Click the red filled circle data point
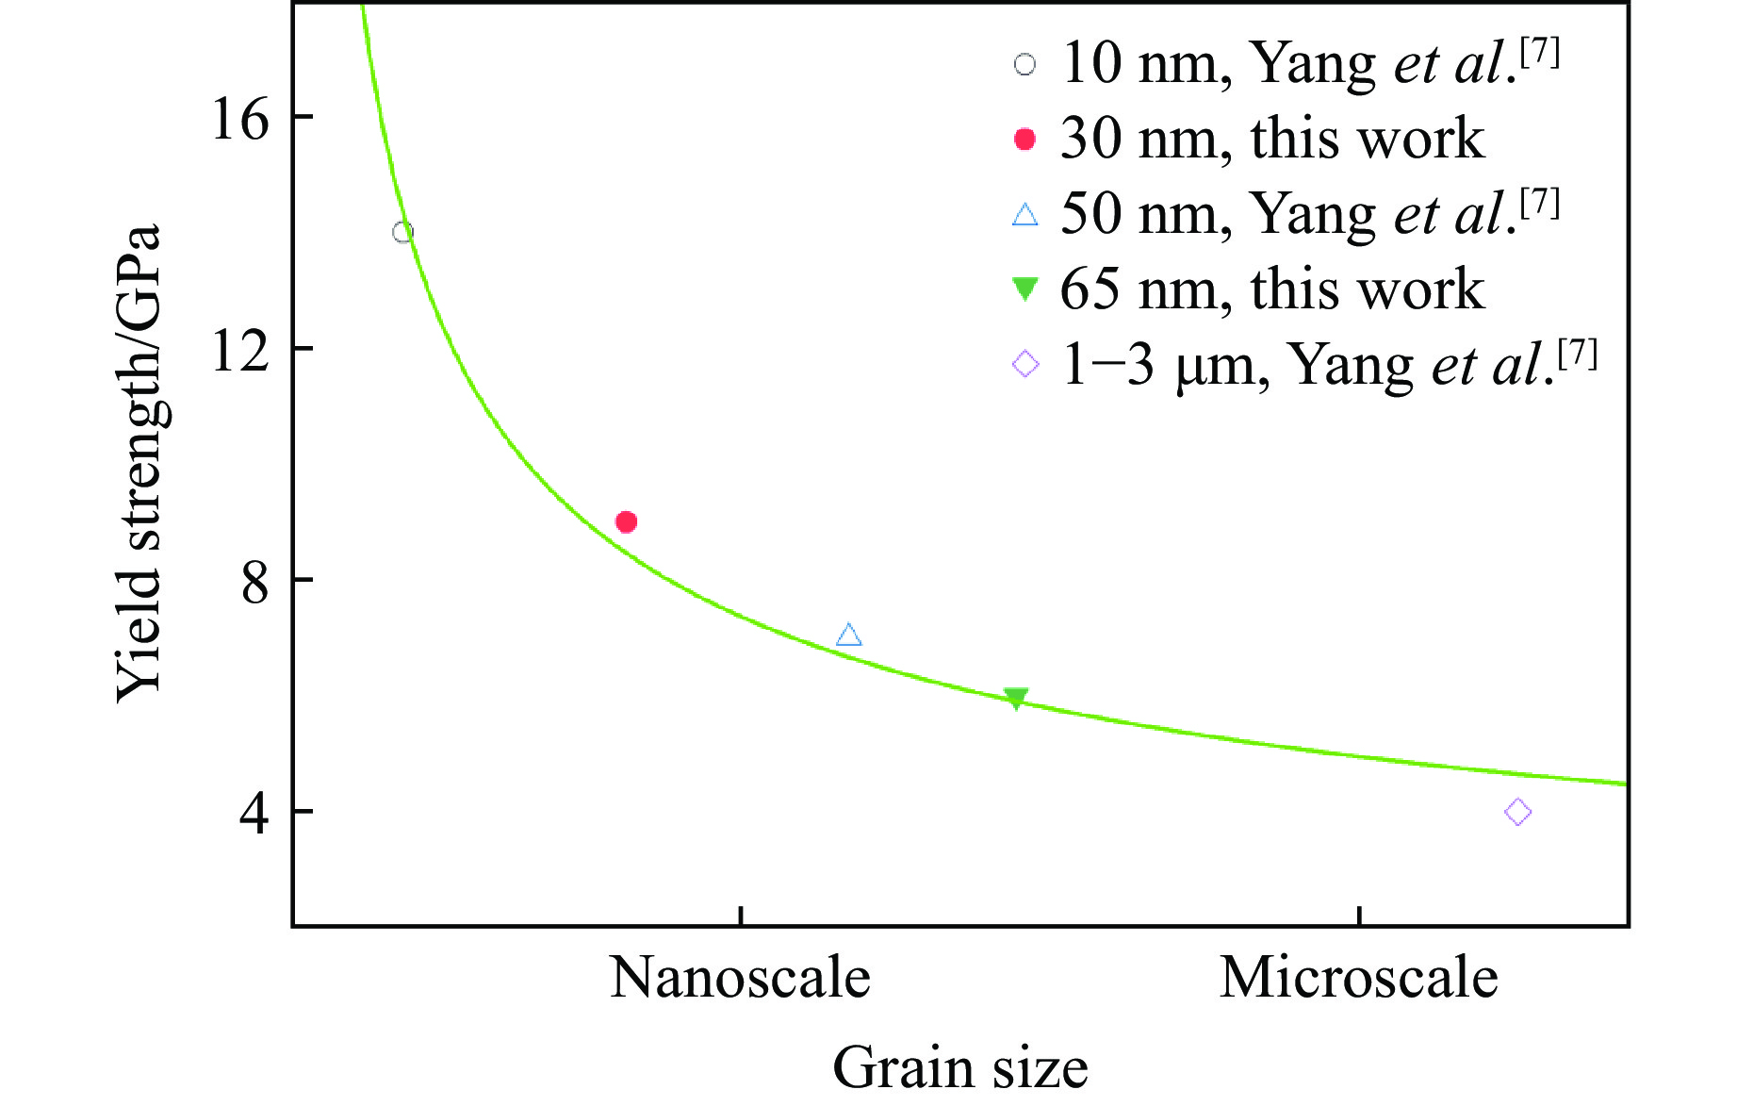click(x=626, y=521)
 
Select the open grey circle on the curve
click(x=402, y=232)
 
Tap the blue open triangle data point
click(x=848, y=636)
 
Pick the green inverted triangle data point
click(x=1015, y=698)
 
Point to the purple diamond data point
click(x=1517, y=812)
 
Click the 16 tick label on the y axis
click(x=239, y=120)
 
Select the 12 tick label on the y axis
click(x=239, y=352)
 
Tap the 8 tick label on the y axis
click(x=254, y=583)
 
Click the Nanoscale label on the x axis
click(x=740, y=978)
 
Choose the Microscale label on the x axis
click(x=1358, y=978)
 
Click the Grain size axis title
click(x=959, y=1067)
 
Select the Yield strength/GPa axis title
click(x=139, y=462)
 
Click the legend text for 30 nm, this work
click(x=1272, y=139)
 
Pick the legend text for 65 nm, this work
click(x=1272, y=289)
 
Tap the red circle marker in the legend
click(x=1024, y=140)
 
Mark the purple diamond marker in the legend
click(x=1025, y=364)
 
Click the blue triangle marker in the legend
click(x=1024, y=215)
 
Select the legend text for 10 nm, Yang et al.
click(x=1310, y=63)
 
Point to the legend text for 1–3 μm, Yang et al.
click(x=1329, y=364)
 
